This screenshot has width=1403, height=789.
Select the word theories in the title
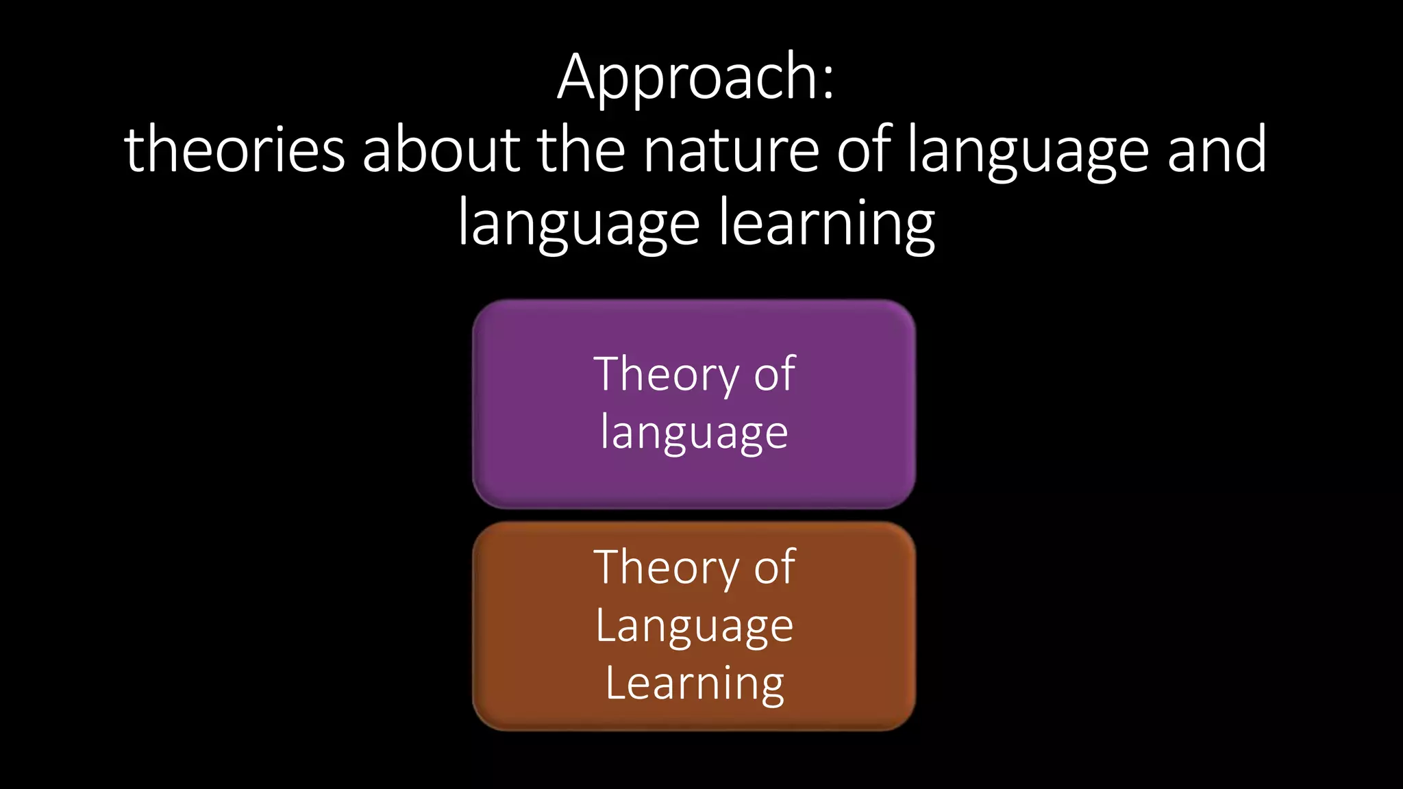(x=234, y=151)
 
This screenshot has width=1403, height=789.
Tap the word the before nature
(x=581, y=151)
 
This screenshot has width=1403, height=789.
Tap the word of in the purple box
(x=774, y=375)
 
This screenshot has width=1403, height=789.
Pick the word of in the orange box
(x=774, y=568)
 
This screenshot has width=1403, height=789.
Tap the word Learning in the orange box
(x=694, y=684)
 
